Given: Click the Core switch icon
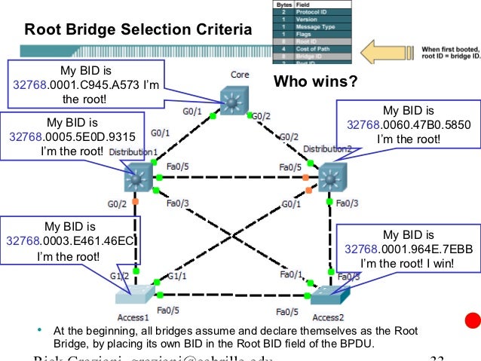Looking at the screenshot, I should coord(238,100).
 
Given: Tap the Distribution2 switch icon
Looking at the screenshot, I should coord(331,179).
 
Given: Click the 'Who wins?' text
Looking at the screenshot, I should coord(314,81).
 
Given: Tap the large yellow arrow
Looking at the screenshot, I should coord(384,52).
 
